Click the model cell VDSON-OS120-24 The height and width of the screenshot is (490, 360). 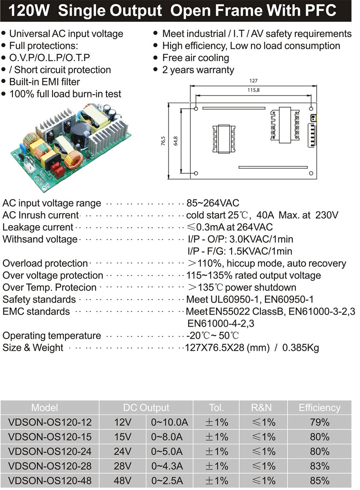[50, 451]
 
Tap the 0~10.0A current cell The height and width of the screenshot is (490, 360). [169, 422]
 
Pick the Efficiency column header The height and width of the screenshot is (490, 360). [319, 407]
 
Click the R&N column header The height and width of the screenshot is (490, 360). [263, 407]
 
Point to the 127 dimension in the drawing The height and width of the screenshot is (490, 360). [253, 80]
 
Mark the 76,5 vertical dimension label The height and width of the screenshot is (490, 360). [163, 141]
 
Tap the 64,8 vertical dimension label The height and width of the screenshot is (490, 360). [175, 141]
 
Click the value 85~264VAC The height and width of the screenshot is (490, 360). [212, 203]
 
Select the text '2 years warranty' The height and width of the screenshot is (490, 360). [198, 70]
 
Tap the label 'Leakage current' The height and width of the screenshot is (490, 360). [38, 227]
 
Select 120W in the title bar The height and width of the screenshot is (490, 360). [29, 11]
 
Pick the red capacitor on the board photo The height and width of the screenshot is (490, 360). [57, 170]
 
